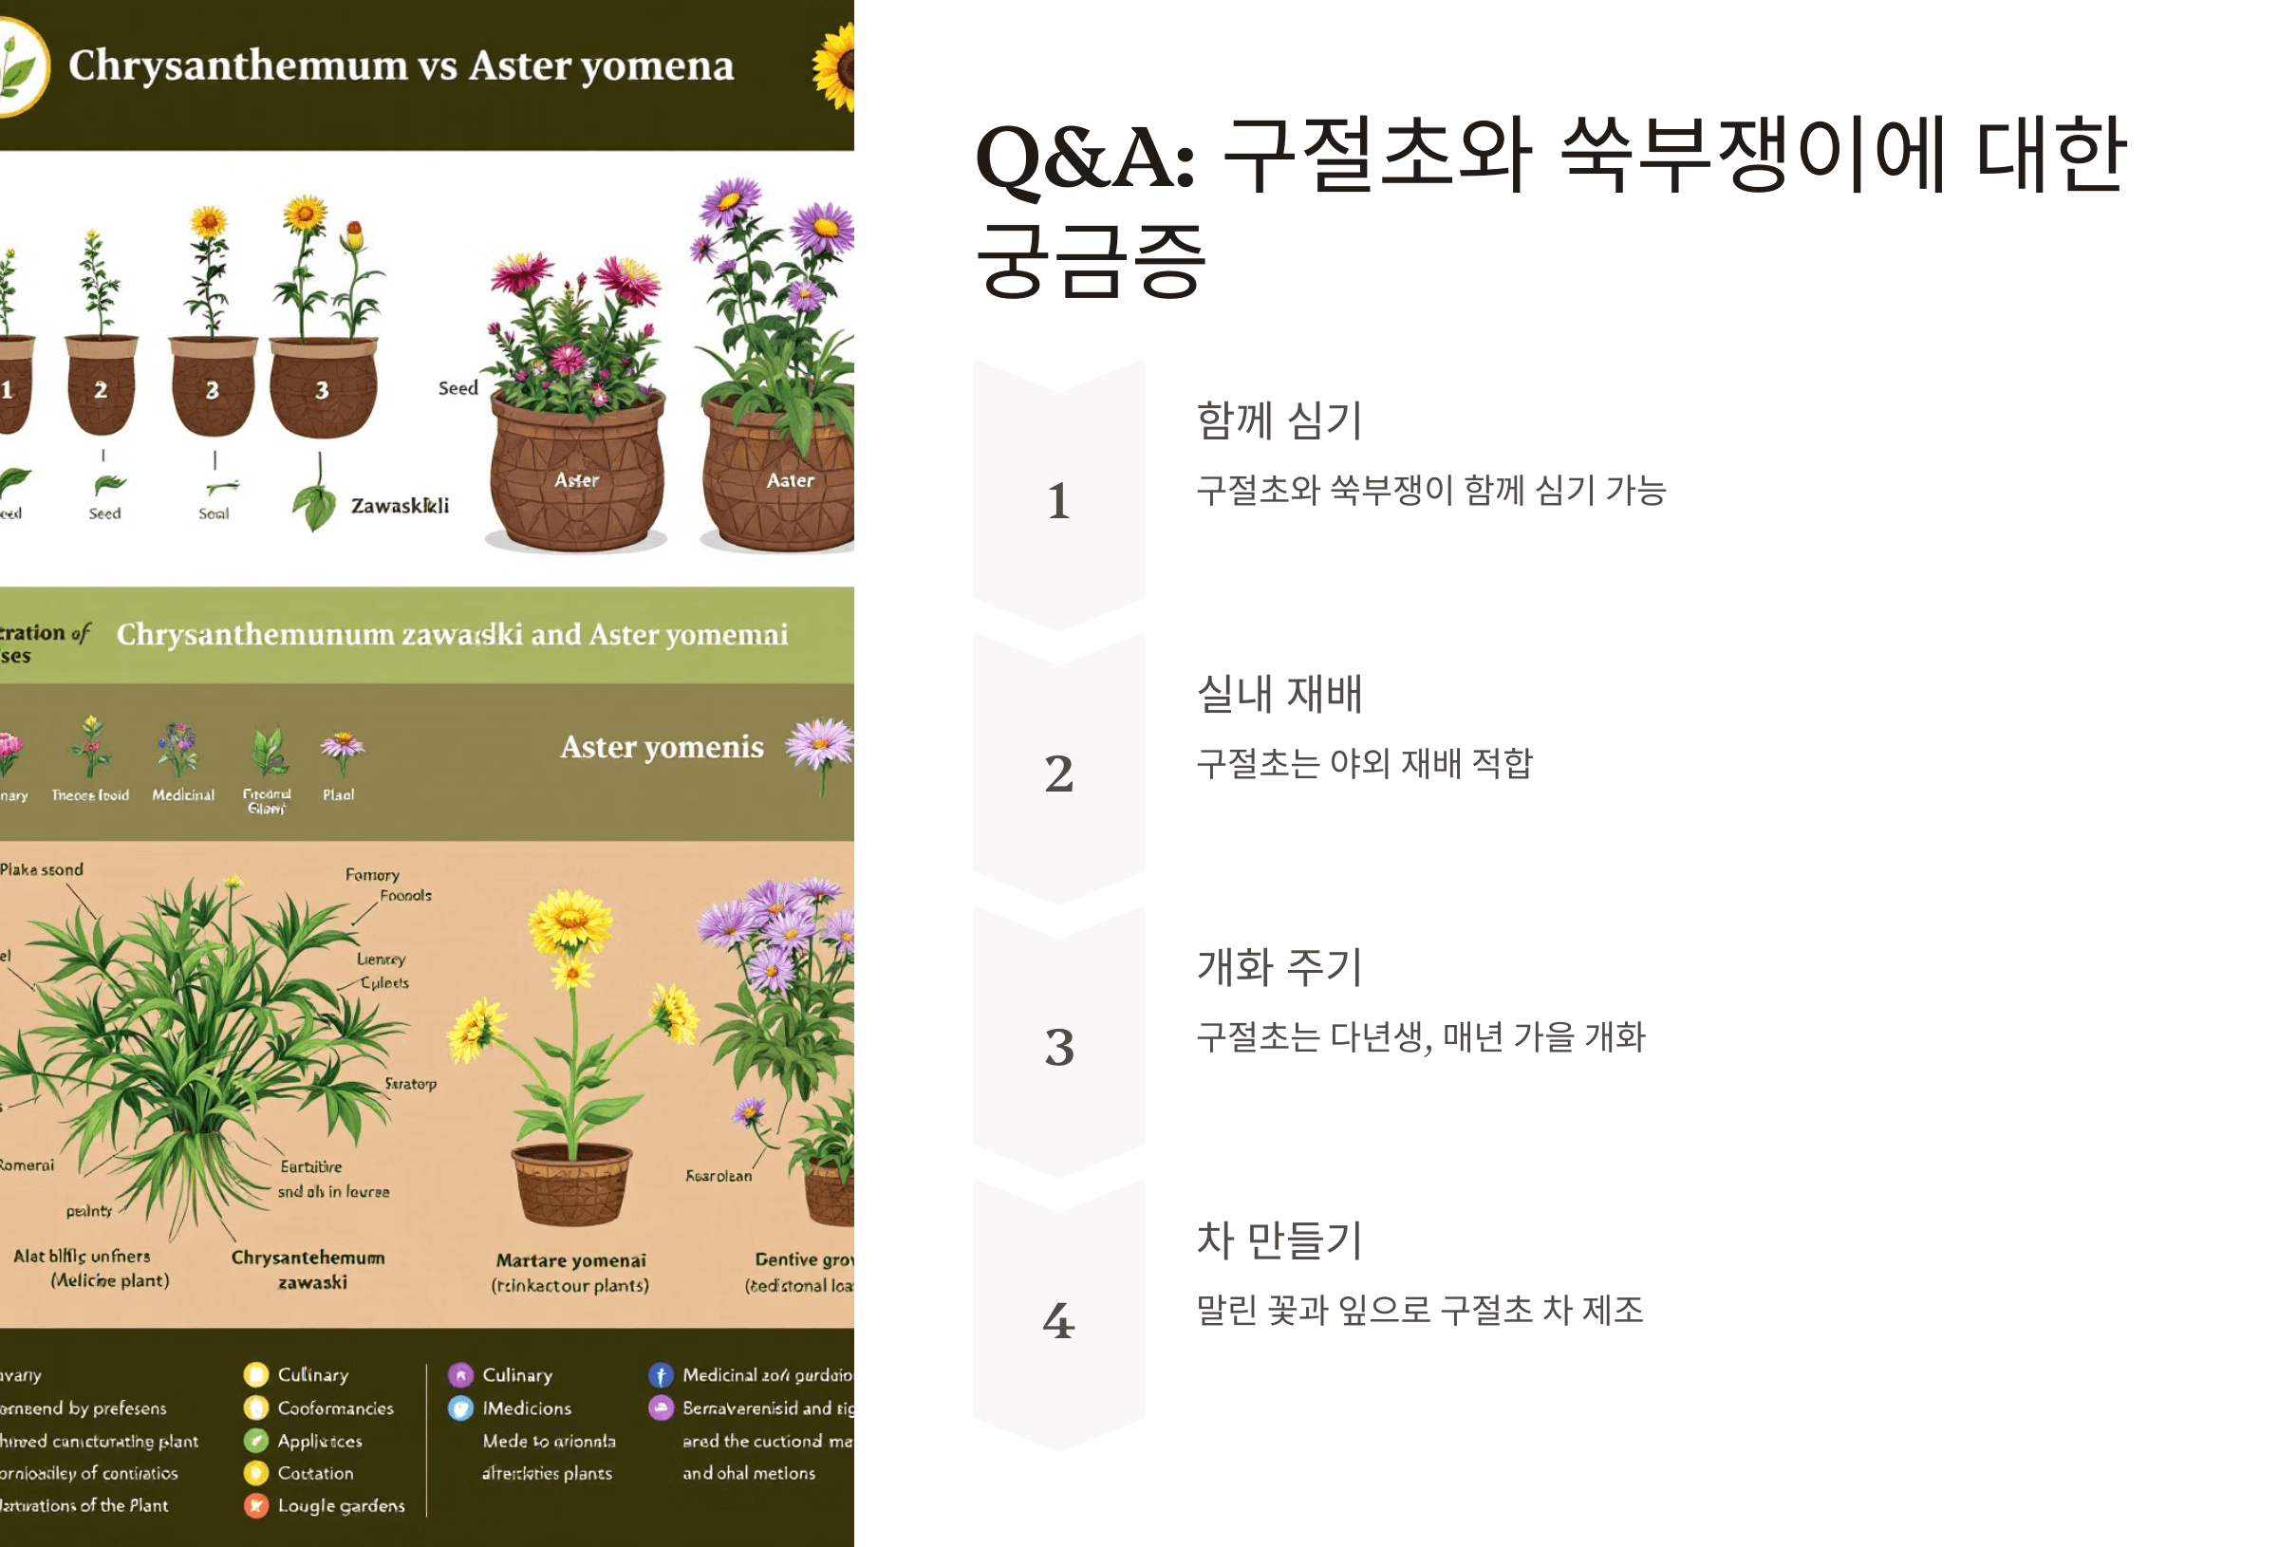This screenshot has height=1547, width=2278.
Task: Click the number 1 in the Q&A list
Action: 1057,500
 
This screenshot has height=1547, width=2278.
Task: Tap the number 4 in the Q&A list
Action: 1057,1319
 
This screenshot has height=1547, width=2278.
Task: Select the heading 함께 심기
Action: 1279,420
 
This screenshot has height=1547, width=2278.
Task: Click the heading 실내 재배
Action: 1279,693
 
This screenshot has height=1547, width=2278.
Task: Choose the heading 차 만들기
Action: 1279,1239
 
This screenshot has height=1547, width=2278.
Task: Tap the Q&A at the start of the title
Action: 1084,158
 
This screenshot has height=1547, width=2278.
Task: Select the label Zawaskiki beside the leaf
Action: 400,506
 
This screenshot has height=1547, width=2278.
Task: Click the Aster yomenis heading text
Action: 662,747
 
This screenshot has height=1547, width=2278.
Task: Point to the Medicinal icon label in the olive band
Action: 182,795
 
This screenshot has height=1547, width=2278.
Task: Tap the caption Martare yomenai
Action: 570,1259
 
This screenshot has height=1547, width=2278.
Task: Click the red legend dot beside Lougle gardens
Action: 256,1506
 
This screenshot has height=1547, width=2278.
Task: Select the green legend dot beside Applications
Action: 256,1440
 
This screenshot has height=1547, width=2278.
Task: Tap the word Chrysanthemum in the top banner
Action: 237,65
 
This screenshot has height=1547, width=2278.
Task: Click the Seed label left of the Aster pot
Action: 457,388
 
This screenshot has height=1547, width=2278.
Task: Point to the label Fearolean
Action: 719,1176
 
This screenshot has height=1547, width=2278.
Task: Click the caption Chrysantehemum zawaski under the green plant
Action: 308,1269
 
